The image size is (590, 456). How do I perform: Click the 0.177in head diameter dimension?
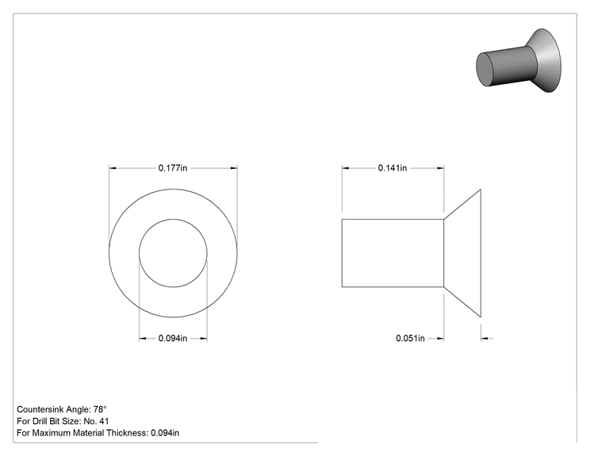pos(173,168)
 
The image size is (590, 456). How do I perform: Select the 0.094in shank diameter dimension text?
pos(173,339)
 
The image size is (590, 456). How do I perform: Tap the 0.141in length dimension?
pos(393,168)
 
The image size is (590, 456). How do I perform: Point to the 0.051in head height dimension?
pos(410,339)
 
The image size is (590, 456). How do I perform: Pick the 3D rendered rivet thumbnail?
pos(519,61)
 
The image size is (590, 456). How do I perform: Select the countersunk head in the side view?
pos(462,253)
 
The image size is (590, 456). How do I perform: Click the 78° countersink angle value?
pos(100,409)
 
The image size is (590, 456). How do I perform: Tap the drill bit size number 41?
pos(104,421)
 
